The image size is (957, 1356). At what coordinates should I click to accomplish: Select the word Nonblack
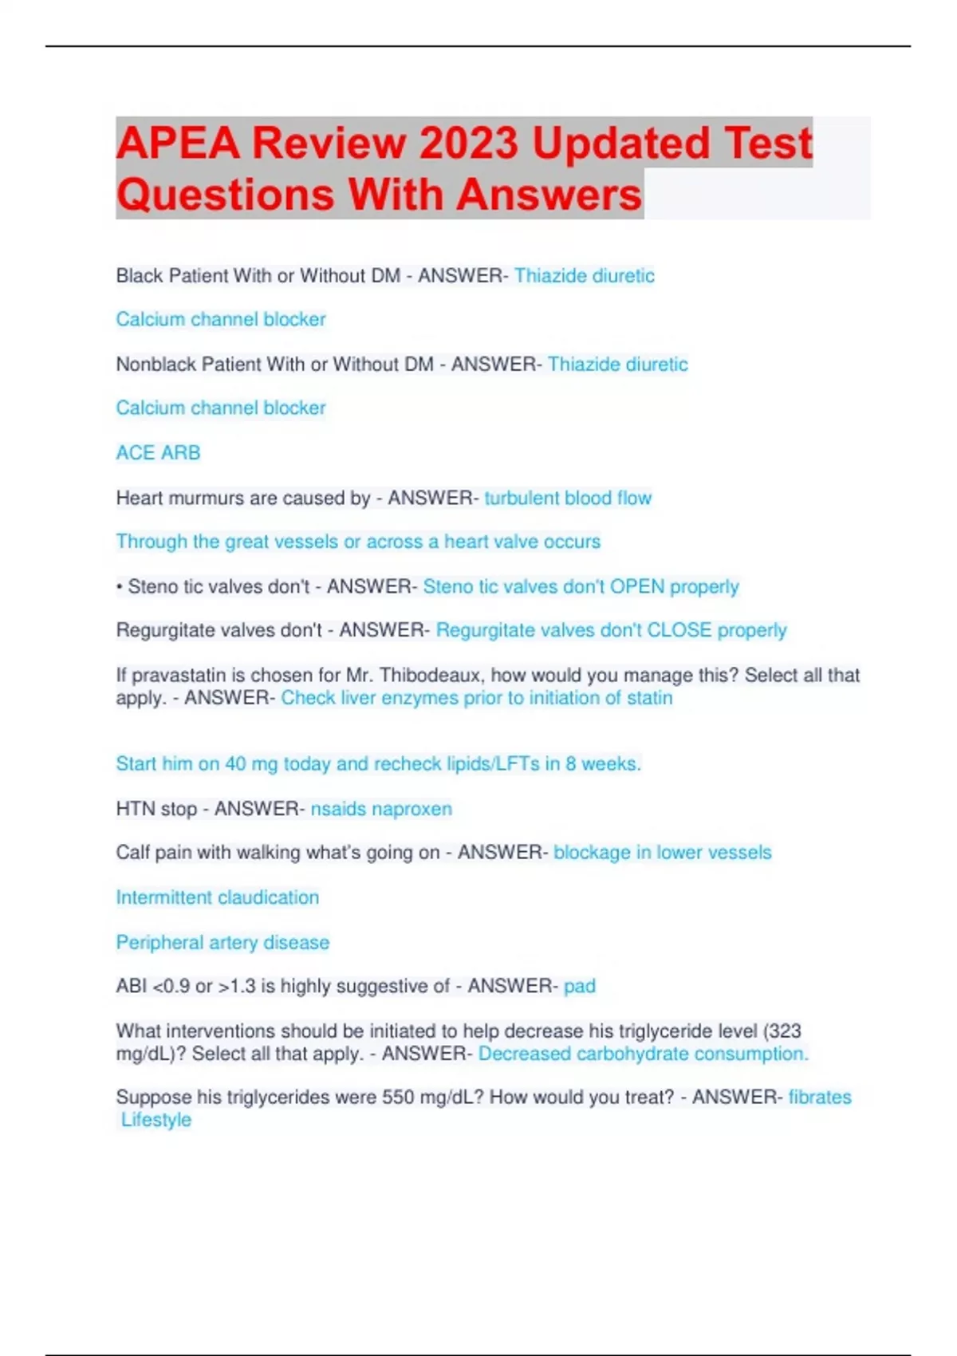click(156, 365)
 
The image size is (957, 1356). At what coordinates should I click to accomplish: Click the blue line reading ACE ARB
click(158, 453)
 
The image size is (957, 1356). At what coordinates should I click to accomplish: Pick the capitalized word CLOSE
click(679, 630)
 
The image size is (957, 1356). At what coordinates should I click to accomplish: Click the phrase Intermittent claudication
click(217, 897)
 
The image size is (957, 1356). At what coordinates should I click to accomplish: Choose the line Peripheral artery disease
click(223, 943)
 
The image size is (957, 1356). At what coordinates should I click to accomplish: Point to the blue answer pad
click(580, 987)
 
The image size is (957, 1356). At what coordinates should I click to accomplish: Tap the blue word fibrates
click(820, 1098)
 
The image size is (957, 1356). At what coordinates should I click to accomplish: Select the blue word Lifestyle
click(156, 1120)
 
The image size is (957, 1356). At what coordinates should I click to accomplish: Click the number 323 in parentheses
click(784, 1031)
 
